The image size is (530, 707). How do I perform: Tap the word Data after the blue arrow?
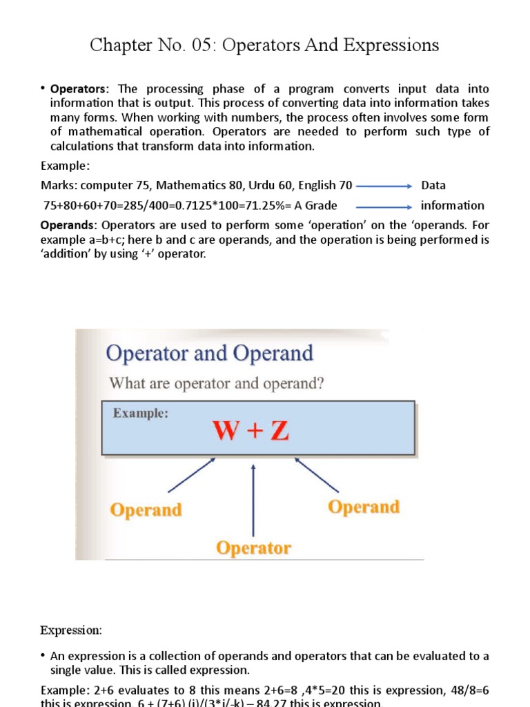pyautogui.click(x=433, y=185)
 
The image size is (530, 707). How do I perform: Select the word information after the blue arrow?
pyautogui.click(x=453, y=205)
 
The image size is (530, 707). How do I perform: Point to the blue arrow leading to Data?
pyautogui.click(x=384, y=185)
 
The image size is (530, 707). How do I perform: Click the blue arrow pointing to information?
pyautogui.click(x=384, y=205)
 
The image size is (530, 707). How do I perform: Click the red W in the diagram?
pyautogui.click(x=230, y=432)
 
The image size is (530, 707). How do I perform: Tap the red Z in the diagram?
pyautogui.click(x=278, y=432)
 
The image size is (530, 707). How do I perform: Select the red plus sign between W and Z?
pyautogui.click(x=255, y=432)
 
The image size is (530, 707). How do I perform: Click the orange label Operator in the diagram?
pyautogui.click(x=253, y=548)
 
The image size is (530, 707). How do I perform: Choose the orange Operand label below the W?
pyautogui.click(x=146, y=510)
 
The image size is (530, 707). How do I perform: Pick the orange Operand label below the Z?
pyautogui.click(x=364, y=507)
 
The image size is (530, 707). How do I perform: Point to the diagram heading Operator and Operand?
pyautogui.click(x=209, y=353)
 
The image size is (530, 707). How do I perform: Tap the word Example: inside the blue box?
pyautogui.click(x=141, y=414)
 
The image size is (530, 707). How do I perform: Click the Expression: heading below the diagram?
pyautogui.click(x=71, y=630)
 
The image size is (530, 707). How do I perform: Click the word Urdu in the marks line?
pyautogui.click(x=262, y=185)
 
